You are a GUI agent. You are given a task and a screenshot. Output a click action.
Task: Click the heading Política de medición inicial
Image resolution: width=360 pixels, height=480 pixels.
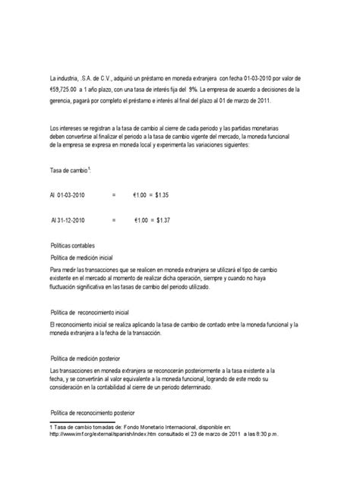(x=90, y=258)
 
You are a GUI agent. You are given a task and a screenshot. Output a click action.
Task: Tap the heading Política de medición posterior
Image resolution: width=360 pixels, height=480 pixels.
(x=93, y=358)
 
